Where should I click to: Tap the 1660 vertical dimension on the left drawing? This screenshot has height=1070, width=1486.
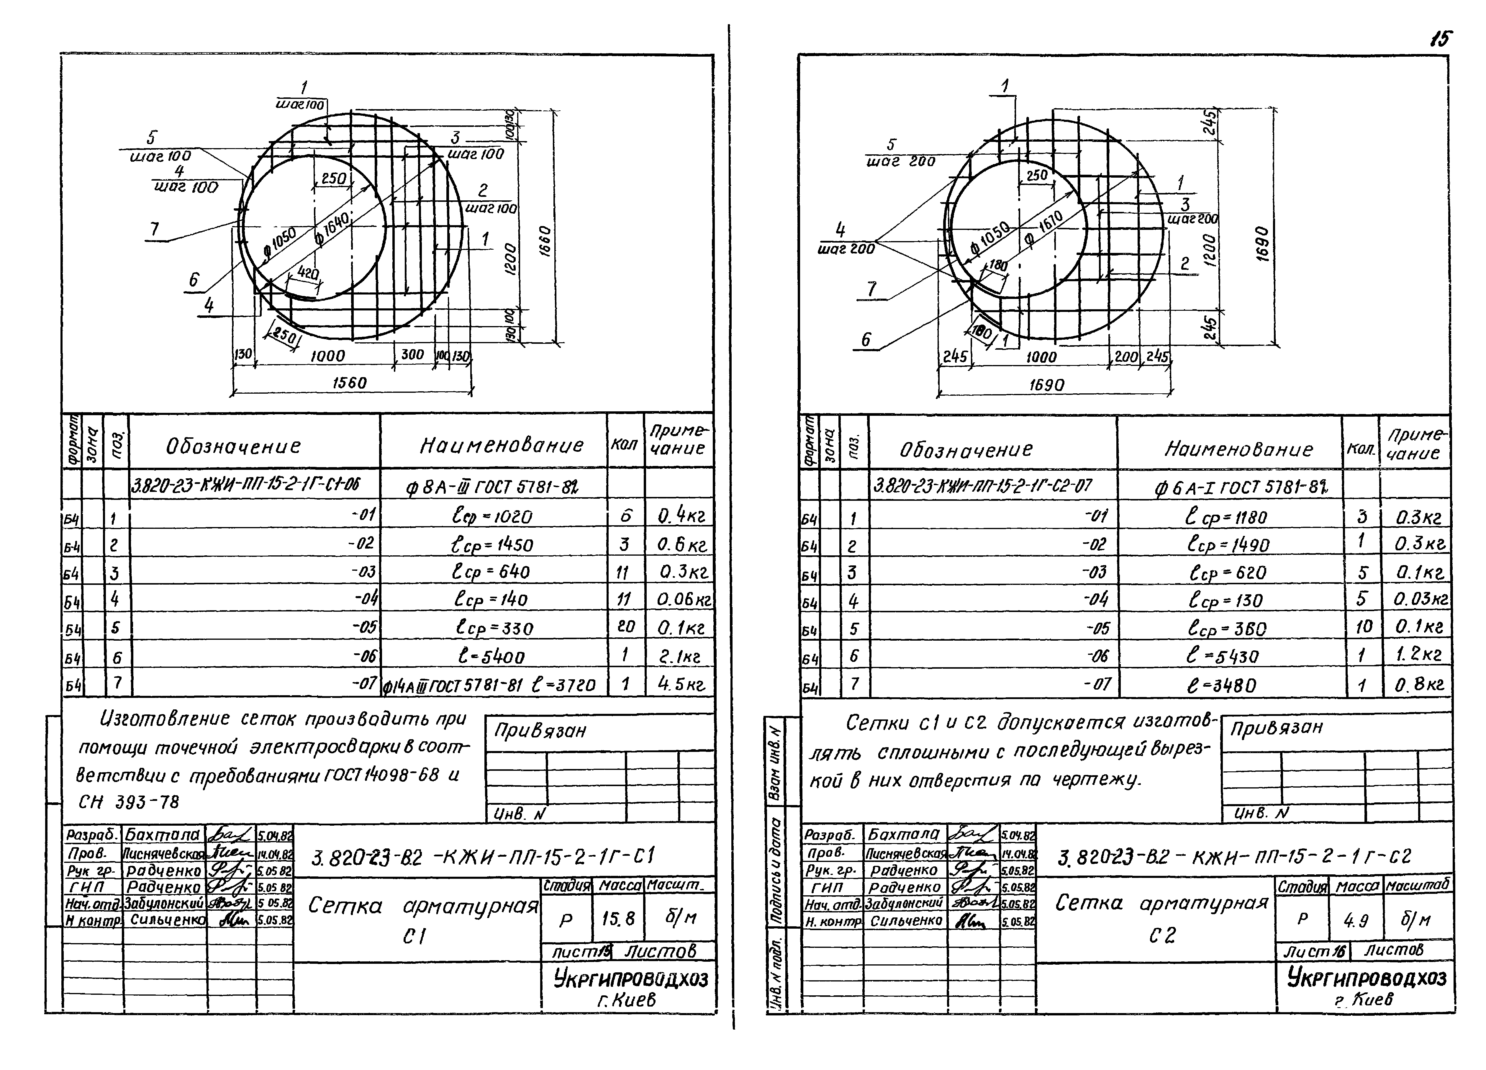(x=546, y=242)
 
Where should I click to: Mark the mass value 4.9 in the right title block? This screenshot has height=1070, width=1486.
(x=1356, y=921)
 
